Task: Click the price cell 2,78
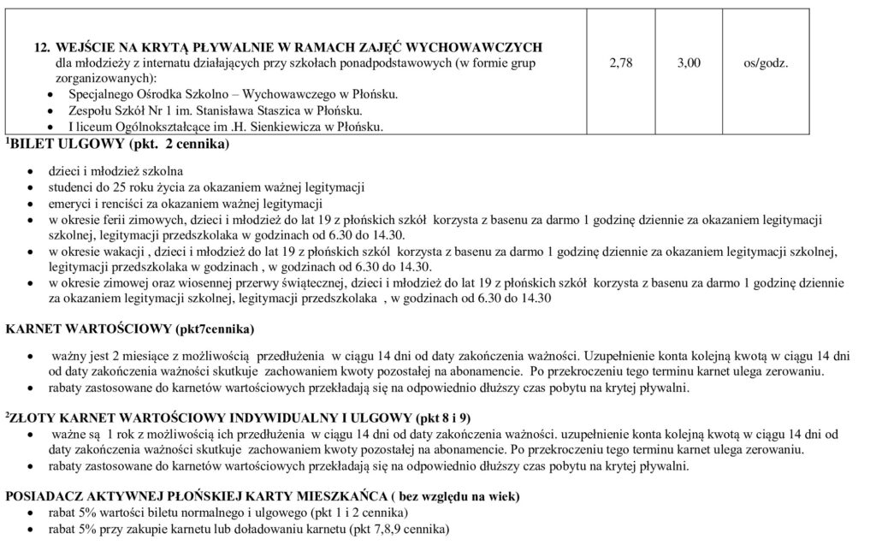click(x=621, y=62)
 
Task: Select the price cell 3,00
click(x=689, y=62)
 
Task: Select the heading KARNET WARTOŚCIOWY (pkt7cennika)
click(x=130, y=329)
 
